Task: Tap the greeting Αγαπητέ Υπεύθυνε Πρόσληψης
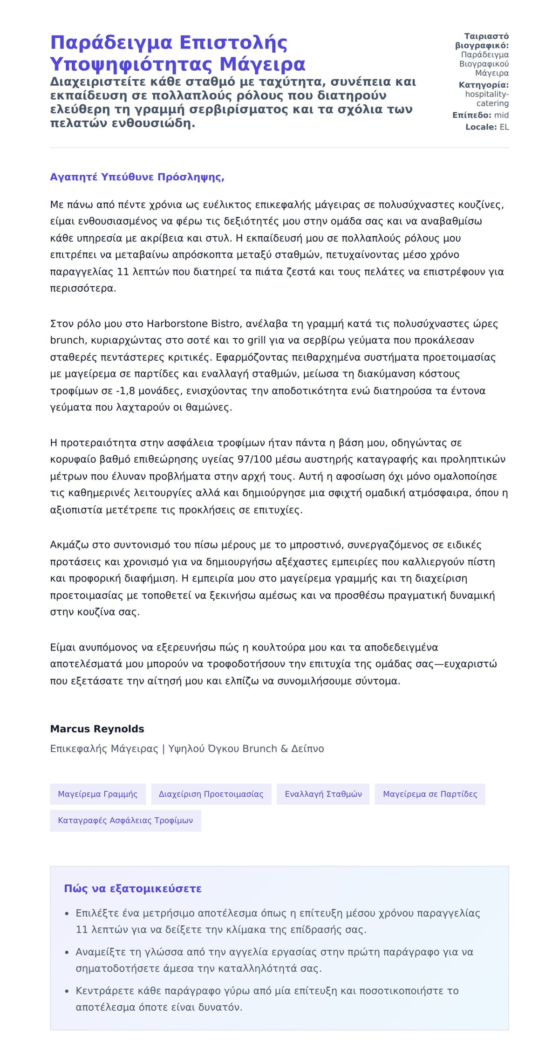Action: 137,177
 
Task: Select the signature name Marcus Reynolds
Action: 97,729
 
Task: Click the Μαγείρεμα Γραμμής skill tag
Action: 98,794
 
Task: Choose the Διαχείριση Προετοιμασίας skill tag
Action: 211,794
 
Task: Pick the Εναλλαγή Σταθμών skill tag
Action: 323,794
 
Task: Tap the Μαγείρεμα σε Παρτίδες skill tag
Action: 430,794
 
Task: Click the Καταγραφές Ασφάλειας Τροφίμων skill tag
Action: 125,821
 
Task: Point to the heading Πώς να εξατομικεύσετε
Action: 133,889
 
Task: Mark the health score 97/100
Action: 254,459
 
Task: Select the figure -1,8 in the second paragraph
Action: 124,391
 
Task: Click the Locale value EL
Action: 504,127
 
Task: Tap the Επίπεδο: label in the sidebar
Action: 471,115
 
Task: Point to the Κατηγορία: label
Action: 484,85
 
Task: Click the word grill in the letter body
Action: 256,341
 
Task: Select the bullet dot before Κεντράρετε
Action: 67,991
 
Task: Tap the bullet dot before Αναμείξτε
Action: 67,952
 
